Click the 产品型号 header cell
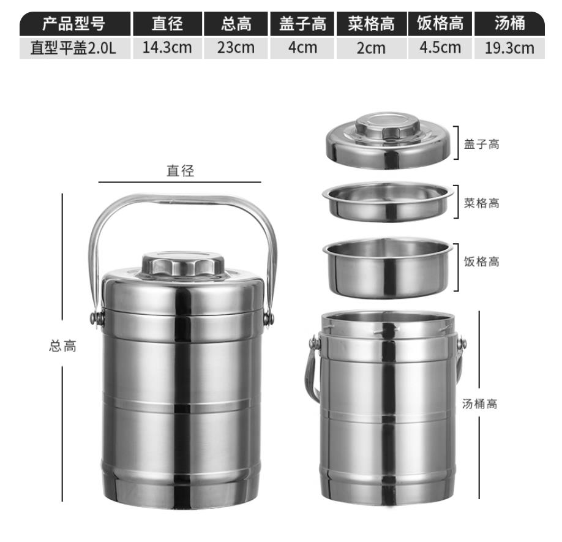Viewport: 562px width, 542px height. (75, 24)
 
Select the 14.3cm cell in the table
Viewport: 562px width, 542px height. (167, 48)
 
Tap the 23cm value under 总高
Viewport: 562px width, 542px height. (236, 48)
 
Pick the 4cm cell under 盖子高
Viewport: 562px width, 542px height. (302, 48)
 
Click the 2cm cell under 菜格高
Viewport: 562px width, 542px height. (372, 48)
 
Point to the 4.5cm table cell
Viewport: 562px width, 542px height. (440, 48)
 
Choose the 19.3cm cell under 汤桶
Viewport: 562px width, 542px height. (509, 48)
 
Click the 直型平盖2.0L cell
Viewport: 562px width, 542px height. (74, 48)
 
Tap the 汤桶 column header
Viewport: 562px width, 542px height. (509, 24)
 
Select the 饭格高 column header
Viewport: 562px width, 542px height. (440, 24)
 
